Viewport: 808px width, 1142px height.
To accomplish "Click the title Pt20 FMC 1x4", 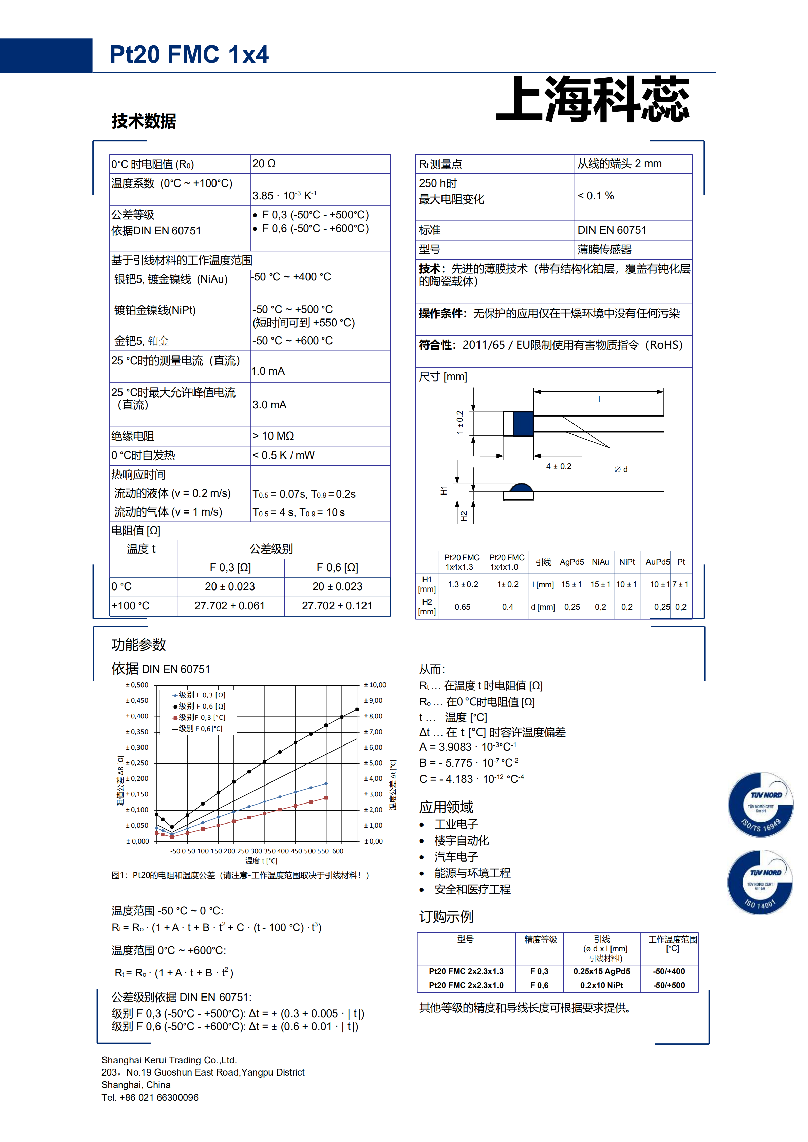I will [189, 55].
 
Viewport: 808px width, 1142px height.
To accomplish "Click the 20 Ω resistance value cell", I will [264, 163].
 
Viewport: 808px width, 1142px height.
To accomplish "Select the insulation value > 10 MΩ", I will [273, 436].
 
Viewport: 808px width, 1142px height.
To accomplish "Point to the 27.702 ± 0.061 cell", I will [229, 606].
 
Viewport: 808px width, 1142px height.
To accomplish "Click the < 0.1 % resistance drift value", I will [596, 196].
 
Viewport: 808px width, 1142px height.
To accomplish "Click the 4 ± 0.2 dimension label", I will [559, 467].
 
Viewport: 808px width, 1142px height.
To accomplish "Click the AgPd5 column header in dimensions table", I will [572, 562].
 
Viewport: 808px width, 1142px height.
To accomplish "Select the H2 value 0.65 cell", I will [462, 607].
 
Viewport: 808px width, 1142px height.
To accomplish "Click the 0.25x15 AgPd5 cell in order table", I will [602, 971].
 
